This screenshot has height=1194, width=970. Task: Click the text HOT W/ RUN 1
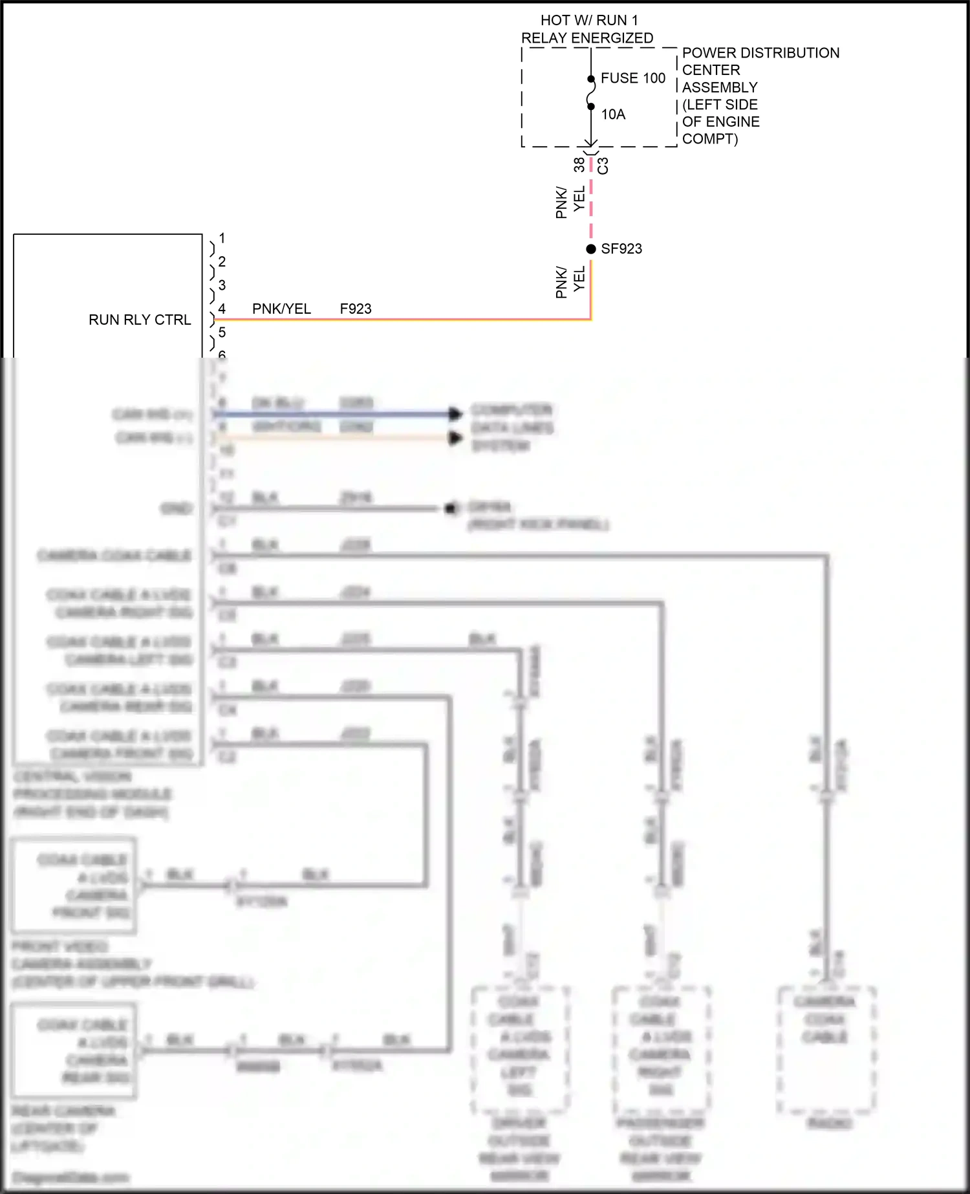588,21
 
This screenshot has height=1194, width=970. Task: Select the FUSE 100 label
632,78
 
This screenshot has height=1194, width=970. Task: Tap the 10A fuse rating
613,114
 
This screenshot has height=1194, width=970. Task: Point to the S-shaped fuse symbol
590,93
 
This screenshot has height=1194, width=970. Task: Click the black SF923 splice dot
590,249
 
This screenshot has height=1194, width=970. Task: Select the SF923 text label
621,249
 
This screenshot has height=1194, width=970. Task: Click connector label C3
603,166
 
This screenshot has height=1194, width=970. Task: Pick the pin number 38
579,164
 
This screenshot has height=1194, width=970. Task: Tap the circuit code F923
356,309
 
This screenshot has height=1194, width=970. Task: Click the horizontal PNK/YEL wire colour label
281,309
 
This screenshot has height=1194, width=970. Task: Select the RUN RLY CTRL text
140,320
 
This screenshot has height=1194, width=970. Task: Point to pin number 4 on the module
222,309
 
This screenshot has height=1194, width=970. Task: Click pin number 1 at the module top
222,238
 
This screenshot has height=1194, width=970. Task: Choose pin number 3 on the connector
222,285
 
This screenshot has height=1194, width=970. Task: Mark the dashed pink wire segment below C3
590,201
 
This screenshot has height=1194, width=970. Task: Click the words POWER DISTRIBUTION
760,53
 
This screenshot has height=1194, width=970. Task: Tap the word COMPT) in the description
709,139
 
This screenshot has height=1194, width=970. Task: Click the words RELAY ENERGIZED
587,38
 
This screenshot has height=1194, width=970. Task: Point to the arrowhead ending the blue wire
456,413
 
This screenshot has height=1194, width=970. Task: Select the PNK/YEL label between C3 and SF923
570,202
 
